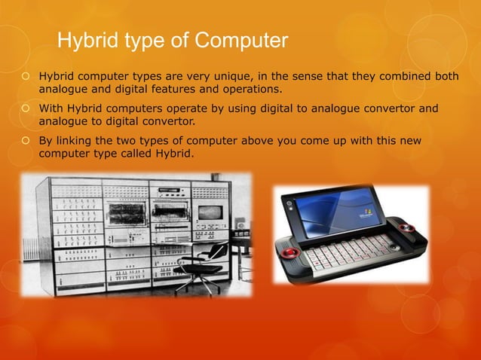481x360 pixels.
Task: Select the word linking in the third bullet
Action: click(x=78, y=141)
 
